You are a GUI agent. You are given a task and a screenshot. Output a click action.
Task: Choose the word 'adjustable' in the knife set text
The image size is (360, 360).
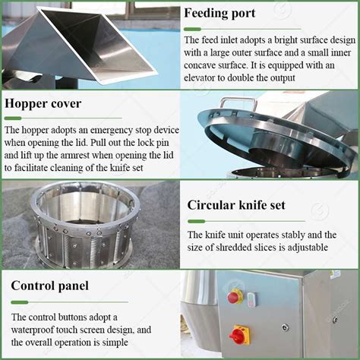tap(305, 248)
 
